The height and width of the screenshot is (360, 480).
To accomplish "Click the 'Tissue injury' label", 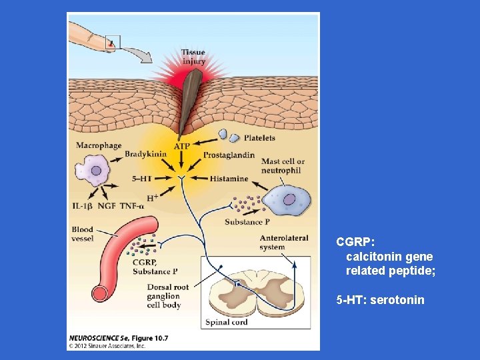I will (193, 57).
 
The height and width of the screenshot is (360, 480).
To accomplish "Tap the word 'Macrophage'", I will (99, 145).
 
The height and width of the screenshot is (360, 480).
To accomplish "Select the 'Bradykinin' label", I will (145, 155).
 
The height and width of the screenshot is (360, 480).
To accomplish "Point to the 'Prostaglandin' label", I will (229, 155).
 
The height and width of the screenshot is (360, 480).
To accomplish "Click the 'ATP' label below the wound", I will (182, 146).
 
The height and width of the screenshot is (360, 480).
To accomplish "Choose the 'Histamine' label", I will (229, 179).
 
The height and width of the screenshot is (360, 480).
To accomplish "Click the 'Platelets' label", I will (259, 138).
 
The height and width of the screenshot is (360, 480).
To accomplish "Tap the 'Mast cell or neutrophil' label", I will (283, 166).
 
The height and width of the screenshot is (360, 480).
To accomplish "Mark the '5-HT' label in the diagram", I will (143, 179).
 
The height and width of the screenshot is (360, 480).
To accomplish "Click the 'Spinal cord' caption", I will (227, 322).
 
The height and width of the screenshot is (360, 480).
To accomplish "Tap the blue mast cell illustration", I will (287, 200).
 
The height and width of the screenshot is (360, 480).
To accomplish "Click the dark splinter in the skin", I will (190, 100).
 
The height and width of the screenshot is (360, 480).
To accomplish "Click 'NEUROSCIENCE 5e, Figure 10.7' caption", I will (118, 338).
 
